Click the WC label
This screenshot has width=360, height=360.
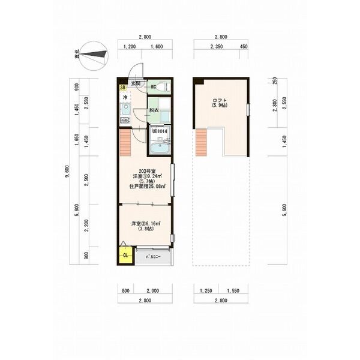pyautogui.click(x=154, y=86)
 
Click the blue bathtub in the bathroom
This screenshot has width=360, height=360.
pyautogui.click(x=160, y=148)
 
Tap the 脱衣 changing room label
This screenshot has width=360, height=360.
pyautogui.click(x=154, y=110)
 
